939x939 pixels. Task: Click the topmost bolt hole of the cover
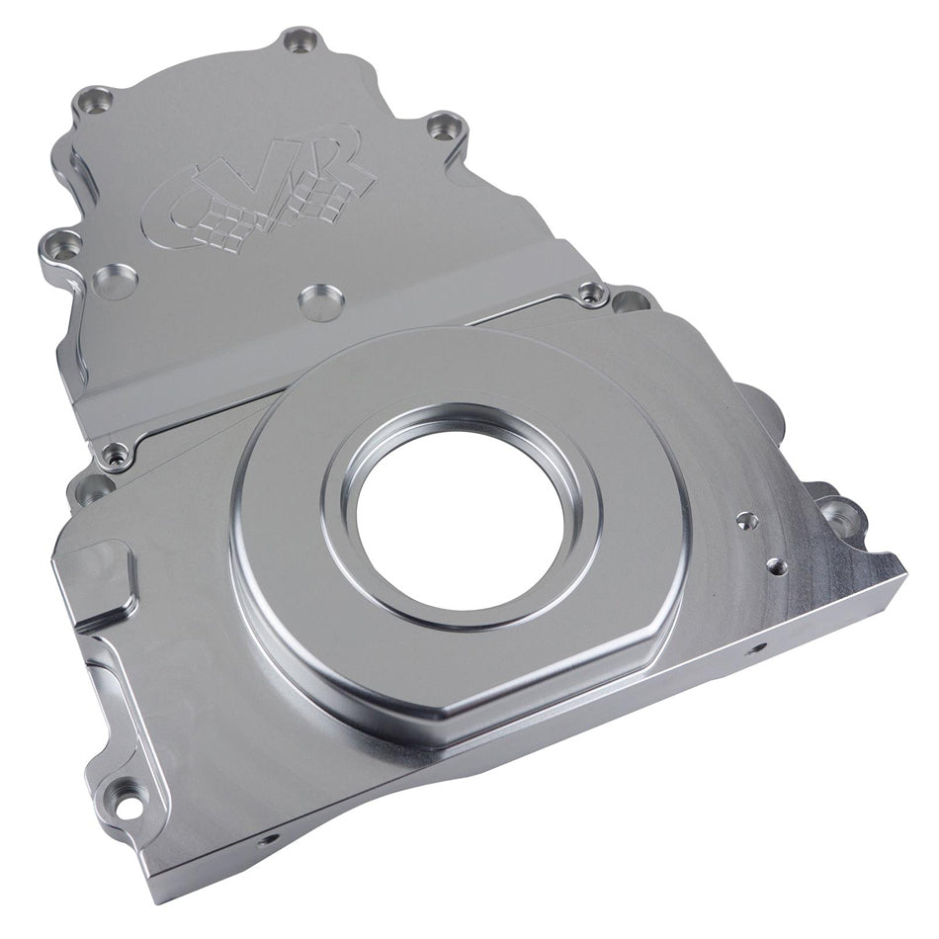[300, 41]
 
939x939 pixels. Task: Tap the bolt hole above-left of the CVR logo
[96, 99]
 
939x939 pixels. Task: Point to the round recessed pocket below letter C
[116, 286]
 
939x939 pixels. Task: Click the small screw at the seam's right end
[592, 292]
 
